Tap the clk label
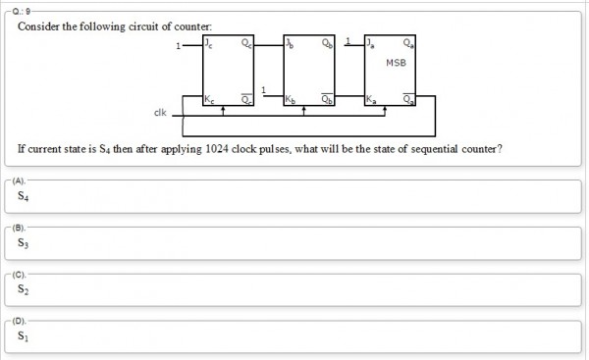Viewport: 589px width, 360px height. tap(159, 112)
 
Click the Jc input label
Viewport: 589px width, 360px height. tap(208, 44)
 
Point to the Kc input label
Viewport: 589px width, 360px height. tap(209, 100)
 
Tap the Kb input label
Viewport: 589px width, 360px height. tap(290, 100)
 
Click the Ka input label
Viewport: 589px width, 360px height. tap(370, 100)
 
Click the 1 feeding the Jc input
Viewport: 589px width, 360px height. tap(177, 45)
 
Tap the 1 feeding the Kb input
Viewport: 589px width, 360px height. tap(263, 90)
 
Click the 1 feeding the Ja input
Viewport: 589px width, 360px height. tap(347, 42)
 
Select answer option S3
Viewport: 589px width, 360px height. tap(24, 242)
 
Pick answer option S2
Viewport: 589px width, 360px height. tap(24, 290)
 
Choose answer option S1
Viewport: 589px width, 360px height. tap(24, 336)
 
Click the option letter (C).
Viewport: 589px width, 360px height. tap(19, 274)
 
